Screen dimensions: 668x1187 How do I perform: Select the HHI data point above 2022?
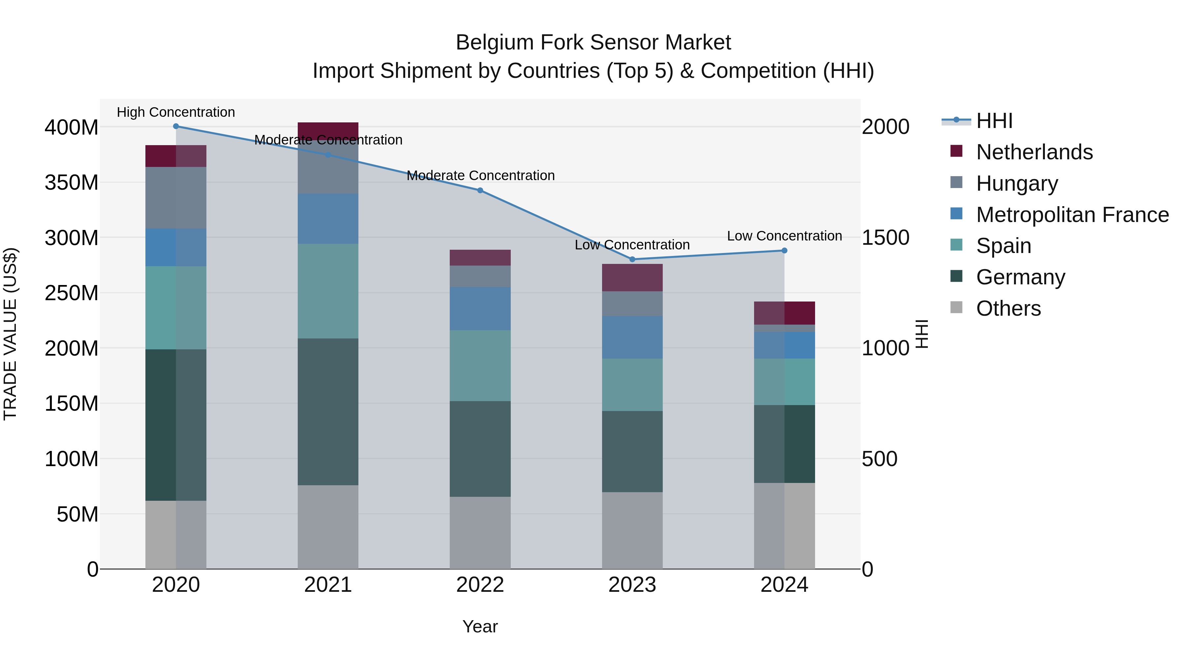(x=480, y=190)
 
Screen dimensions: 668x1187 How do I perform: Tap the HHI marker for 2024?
(x=784, y=251)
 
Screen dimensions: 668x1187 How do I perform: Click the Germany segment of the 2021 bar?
(x=328, y=412)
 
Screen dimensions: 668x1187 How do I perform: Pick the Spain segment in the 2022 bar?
(x=480, y=366)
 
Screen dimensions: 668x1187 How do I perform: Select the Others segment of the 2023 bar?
(x=632, y=530)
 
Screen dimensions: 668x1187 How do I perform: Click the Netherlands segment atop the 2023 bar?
(x=632, y=277)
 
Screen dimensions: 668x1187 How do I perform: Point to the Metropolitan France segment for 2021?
(x=328, y=219)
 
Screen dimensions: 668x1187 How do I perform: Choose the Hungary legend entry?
(x=1017, y=183)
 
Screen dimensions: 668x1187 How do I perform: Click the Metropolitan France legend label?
(x=1072, y=215)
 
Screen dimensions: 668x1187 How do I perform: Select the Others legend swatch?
(x=956, y=307)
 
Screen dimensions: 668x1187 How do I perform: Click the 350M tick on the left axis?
(x=72, y=182)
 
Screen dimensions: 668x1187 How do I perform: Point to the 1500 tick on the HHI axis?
(x=885, y=238)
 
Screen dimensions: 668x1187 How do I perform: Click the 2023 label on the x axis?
(x=632, y=585)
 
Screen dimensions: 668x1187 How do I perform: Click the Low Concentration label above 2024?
(x=784, y=236)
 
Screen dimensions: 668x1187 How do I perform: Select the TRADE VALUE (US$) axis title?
(x=10, y=334)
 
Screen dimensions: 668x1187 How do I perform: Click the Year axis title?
(x=480, y=626)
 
